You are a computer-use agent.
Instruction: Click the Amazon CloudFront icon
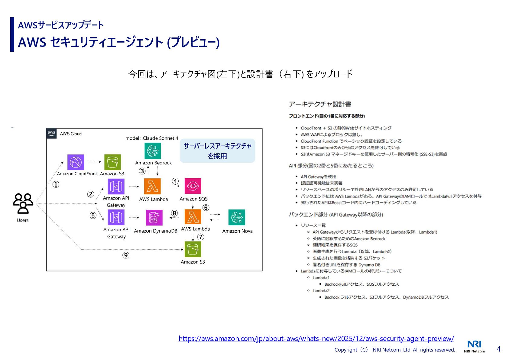click(x=76, y=162)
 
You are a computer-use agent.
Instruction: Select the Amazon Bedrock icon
click(x=153, y=151)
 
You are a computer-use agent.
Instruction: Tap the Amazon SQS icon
click(x=193, y=186)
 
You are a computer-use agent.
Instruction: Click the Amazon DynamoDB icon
click(x=154, y=218)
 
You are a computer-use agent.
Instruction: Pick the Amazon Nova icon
click(x=237, y=217)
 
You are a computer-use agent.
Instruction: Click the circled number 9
click(x=126, y=255)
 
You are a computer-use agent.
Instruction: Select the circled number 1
click(x=56, y=184)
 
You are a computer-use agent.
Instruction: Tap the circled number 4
click(x=175, y=181)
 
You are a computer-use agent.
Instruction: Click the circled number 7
click(x=201, y=237)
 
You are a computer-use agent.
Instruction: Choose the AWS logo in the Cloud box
click(x=51, y=133)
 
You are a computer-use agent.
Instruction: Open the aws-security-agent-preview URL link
click(x=316, y=339)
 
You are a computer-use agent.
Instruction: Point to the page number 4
click(x=498, y=349)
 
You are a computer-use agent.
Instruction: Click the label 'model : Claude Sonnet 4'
click(x=152, y=138)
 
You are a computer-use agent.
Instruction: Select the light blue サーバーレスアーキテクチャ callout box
click(x=217, y=151)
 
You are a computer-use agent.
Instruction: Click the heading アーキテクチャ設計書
click(x=320, y=104)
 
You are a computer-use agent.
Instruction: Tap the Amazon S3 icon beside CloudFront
click(x=112, y=162)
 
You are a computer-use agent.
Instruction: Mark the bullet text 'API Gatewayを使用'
click(x=318, y=177)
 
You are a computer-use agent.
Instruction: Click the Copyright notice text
click(x=394, y=350)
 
